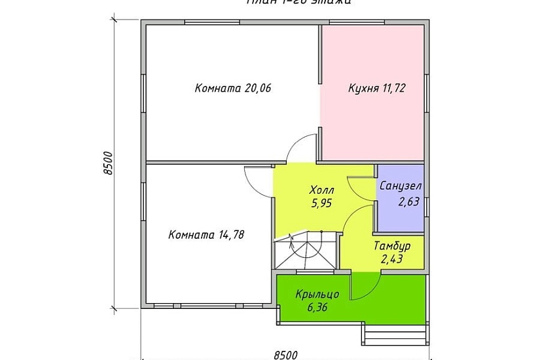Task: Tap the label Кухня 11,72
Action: [x=377, y=89]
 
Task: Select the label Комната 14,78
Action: [x=206, y=234]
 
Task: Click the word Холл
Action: [x=321, y=191]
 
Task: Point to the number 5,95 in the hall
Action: [x=321, y=203]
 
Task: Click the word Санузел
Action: [x=400, y=186]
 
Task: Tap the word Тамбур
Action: [x=392, y=247]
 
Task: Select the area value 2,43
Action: [x=392, y=259]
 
